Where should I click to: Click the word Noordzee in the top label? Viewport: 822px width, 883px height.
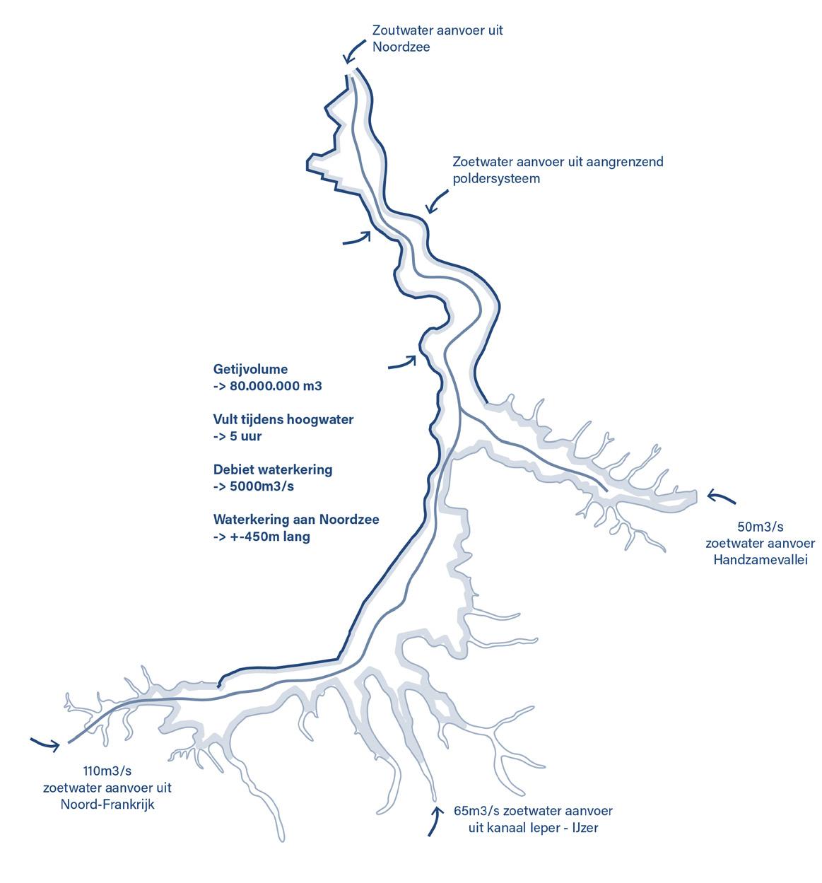click(x=401, y=47)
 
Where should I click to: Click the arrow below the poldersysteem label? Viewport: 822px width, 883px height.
click(x=437, y=201)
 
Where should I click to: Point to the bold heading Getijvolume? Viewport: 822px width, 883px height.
click(x=250, y=369)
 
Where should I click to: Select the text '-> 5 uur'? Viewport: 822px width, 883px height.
click(x=237, y=436)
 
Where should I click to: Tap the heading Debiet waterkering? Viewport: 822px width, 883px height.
click(x=273, y=469)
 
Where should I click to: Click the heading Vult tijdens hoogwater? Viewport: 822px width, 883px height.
click(x=283, y=419)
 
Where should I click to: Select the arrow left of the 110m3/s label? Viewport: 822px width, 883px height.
click(x=45, y=743)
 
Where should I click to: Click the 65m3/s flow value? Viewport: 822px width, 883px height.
click(x=477, y=810)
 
